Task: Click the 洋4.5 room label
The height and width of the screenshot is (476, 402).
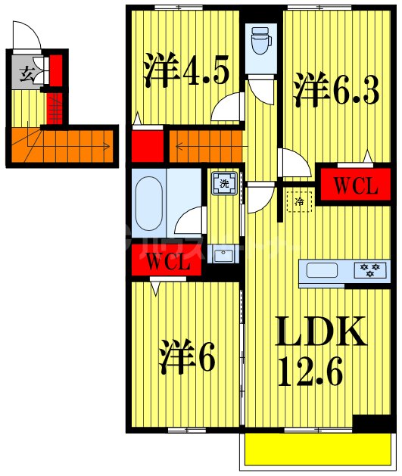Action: pyautogui.click(x=185, y=71)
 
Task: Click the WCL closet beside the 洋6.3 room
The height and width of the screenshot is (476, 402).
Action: pyautogui.click(x=349, y=185)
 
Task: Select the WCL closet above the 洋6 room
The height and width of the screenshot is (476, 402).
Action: pyautogui.click(x=167, y=263)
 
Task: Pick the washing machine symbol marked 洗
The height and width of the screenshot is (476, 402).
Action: pyautogui.click(x=224, y=182)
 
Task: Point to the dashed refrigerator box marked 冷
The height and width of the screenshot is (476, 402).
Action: pyautogui.click(x=299, y=201)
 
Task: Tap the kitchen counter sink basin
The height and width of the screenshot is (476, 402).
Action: pyautogui.click(x=323, y=269)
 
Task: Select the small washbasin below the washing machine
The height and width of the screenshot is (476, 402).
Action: pyautogui.click(x=223, y=255)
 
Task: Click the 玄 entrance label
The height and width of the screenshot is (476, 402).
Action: pyautogui.click(x=26, y=74)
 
